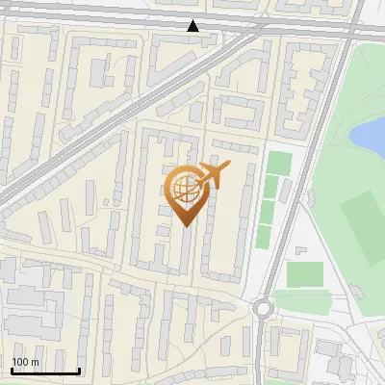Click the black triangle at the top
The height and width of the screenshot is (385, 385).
[x=193, y=26]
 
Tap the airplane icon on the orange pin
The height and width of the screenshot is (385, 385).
[x=213, y=174]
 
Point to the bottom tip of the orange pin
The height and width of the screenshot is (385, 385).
[x=184, y=225]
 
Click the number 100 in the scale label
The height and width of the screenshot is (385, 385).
[x=21, y=362]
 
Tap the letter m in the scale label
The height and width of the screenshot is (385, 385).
[x=36, y=362]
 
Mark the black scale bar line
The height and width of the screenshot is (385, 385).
[x=45, y=371]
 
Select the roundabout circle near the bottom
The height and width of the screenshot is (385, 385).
[x=263, y=309]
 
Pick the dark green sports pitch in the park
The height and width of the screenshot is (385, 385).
[x=362, y=226]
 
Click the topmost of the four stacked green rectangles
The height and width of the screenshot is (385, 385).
[x=278, y=163]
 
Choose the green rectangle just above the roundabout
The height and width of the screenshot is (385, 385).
[x=305, y=274]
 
